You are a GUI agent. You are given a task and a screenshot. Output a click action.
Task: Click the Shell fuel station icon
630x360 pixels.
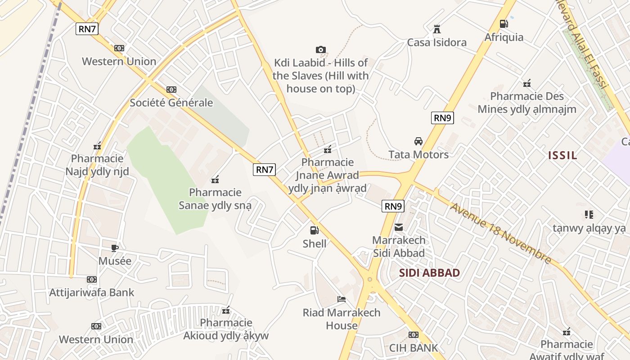point(314,230)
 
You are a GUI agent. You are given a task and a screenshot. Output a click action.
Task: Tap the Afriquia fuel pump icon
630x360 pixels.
point(504,24)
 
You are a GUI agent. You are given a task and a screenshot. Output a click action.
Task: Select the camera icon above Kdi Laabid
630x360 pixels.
point(320,49)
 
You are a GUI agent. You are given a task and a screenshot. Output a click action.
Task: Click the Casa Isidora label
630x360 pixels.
point(436,42)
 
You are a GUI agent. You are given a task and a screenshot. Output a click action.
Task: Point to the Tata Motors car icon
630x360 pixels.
point(418,141)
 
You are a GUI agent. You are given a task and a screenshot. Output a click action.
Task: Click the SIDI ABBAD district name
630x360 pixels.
point(429,273)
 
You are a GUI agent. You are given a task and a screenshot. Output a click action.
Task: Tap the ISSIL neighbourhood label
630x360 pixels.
point(562,156)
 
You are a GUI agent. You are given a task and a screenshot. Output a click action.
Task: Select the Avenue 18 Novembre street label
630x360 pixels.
point(500,234)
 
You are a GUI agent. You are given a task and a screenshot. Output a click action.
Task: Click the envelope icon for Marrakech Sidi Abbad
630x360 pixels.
point(399,227)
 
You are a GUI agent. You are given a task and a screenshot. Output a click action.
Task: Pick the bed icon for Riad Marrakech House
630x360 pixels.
point(342,299)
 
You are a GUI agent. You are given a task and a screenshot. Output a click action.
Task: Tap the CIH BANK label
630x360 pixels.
point(414,348)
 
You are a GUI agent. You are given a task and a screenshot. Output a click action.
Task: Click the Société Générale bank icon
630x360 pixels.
point(171,90)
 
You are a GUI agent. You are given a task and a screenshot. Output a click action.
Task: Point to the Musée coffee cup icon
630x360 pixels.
point(115,248)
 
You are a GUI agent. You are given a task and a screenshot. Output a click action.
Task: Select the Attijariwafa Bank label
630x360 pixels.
point(91,292)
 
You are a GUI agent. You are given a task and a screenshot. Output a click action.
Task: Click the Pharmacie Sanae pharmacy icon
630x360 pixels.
point(215,180)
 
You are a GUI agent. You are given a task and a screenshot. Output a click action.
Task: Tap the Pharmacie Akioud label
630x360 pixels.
point(226,329)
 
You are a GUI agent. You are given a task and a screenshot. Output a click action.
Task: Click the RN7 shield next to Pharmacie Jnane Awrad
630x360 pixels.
point(264,170)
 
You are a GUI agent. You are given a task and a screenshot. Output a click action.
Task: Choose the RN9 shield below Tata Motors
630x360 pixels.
point(393,206)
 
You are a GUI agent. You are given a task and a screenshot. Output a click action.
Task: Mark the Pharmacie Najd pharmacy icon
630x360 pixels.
point(97,146)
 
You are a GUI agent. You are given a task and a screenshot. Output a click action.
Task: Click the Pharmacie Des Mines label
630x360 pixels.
point(526,103)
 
